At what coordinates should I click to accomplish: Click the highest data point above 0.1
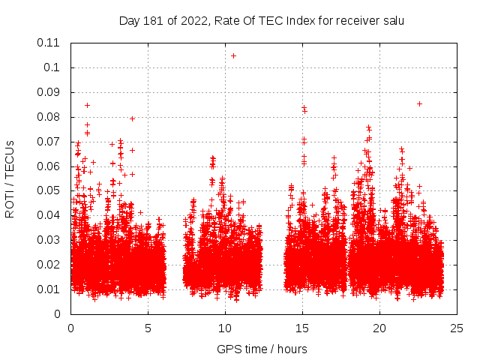(x=233, y=55)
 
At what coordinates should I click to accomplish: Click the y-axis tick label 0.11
(x=49, y=43)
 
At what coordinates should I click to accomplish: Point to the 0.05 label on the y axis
(x=49, y=190)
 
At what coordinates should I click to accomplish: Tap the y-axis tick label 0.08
(x=49, y=117)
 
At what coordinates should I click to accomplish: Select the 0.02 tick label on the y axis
(x=49, y=265)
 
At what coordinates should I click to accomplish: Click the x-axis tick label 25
(x=457, y=328)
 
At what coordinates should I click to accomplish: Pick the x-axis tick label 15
(x=302, y=328)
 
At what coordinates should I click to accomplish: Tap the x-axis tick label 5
(x=148, y=328)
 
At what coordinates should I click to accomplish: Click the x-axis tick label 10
(x=225, y=328)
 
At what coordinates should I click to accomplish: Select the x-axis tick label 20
(x=379, y=328)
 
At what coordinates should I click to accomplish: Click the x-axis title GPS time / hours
(x=262, y=349)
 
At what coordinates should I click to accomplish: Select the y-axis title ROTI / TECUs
(x=10, y=178)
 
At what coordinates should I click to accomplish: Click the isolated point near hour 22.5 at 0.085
(x=419, y=103)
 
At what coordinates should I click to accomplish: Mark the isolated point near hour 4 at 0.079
(x=132, y=118)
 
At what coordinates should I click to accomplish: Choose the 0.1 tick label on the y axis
(x=52, y=67)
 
